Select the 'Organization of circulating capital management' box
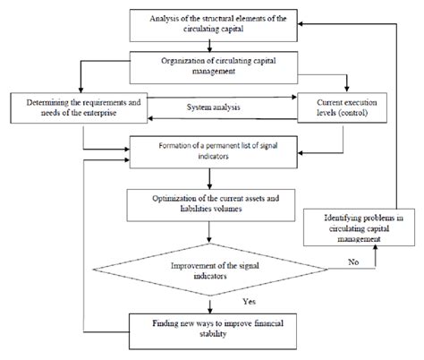(211, 64)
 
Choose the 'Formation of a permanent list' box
(211, 150)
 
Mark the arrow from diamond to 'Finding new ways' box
(211, 302)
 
